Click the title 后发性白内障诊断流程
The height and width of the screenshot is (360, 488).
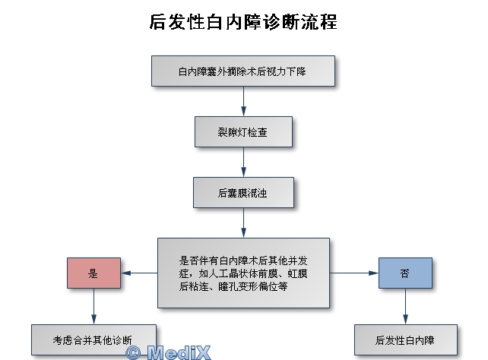click(243, 22)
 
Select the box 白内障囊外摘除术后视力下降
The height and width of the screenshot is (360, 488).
click(243, 71)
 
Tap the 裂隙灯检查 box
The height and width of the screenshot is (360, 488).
click(243, 132)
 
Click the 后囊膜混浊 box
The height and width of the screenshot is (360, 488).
click(243, 192)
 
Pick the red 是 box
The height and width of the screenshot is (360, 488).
click(93, 273)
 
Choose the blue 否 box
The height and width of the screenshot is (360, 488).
click(405, 273)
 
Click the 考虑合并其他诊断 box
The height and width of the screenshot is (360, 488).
click(93, 339)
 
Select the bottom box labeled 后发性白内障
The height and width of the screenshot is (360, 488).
click(405, 339)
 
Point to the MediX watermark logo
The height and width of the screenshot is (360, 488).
click(168, 352)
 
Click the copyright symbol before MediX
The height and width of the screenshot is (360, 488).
click(133, 353)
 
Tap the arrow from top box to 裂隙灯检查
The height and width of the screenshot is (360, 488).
click(243, 101)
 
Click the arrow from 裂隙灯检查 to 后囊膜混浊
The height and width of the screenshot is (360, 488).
click(243, 162)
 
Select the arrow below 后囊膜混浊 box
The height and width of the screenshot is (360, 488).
click(243, 223)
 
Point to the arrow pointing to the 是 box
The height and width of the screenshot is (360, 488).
click(139, 273)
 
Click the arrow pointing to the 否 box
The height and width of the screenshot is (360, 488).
click(354, 273)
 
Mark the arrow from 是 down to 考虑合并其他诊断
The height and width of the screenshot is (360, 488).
click(93, 307)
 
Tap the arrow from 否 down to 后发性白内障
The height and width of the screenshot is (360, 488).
click(405, 307)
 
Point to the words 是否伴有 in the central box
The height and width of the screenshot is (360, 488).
click(199, 261)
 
